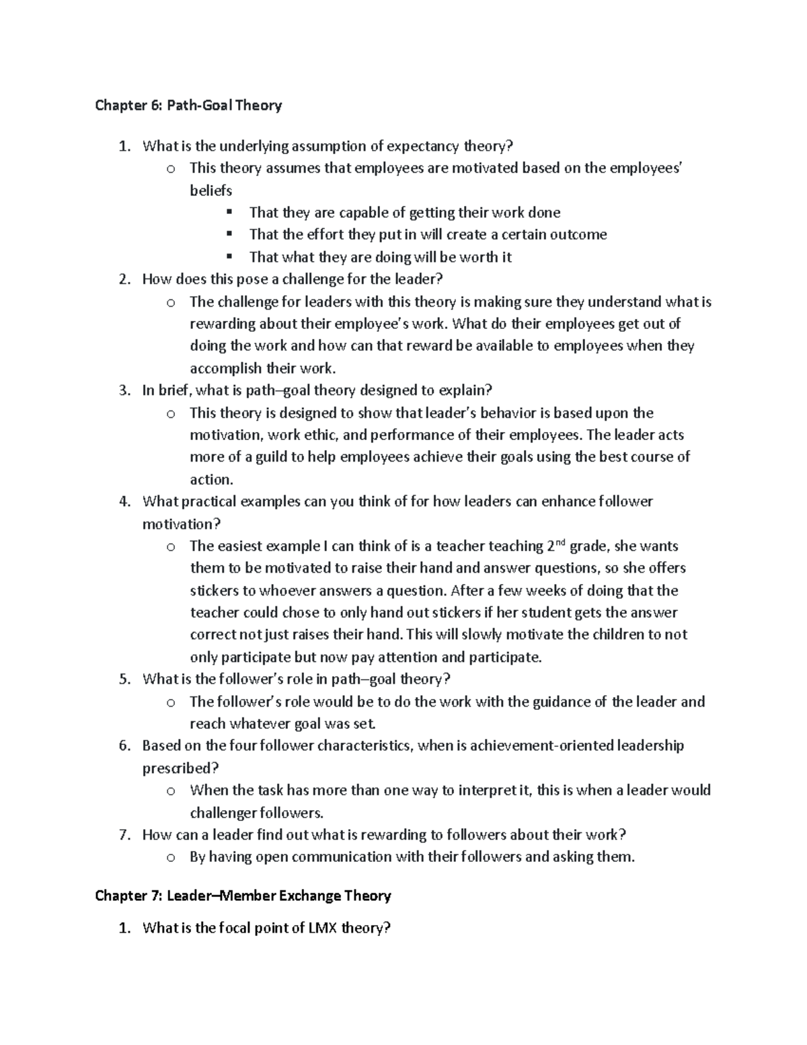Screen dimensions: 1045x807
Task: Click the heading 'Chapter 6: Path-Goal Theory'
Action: tap(188, 105)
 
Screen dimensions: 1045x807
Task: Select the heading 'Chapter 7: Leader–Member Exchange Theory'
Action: tap(243, 896)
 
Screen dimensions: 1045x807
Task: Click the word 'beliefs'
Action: tap(210, 190)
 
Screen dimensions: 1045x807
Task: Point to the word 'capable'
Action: tap(362, 213)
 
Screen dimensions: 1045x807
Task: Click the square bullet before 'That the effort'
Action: tap(229, 234)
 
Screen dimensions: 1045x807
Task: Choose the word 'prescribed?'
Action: tap(180, 768)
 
